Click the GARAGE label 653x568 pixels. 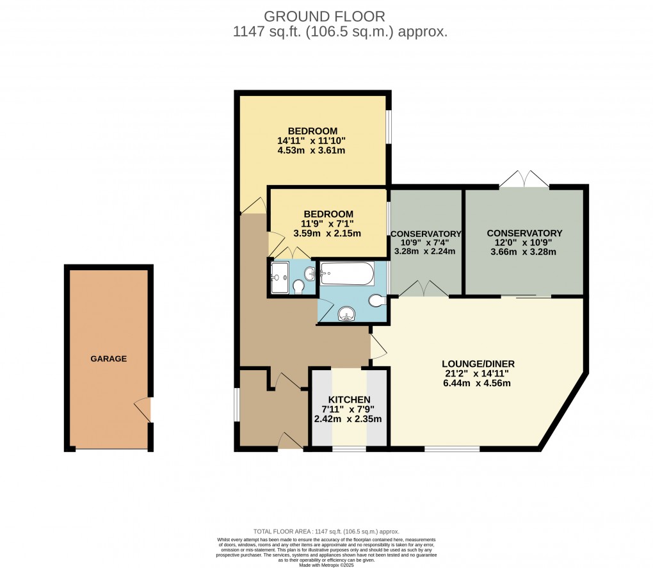coord(108,359)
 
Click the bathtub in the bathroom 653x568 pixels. coord(346,274)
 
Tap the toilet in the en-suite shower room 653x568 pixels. coord(298,288)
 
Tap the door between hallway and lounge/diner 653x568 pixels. coord(378,346)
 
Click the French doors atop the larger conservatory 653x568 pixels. coord(524,179)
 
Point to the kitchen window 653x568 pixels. coord(349,449)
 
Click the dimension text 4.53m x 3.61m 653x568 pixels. coord(311,150)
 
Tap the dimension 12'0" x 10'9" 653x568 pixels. coord(524,243)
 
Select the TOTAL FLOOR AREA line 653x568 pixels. coord(326,531)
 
